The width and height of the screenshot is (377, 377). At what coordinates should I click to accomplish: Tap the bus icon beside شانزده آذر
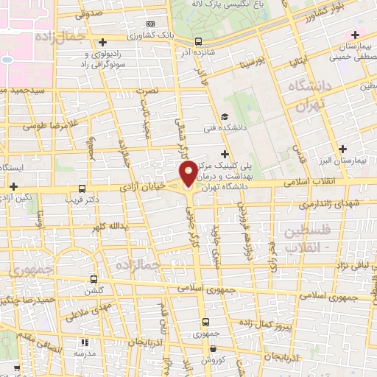(x=197, y=42)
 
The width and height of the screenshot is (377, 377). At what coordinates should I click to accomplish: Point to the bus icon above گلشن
(x=94, y=279)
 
